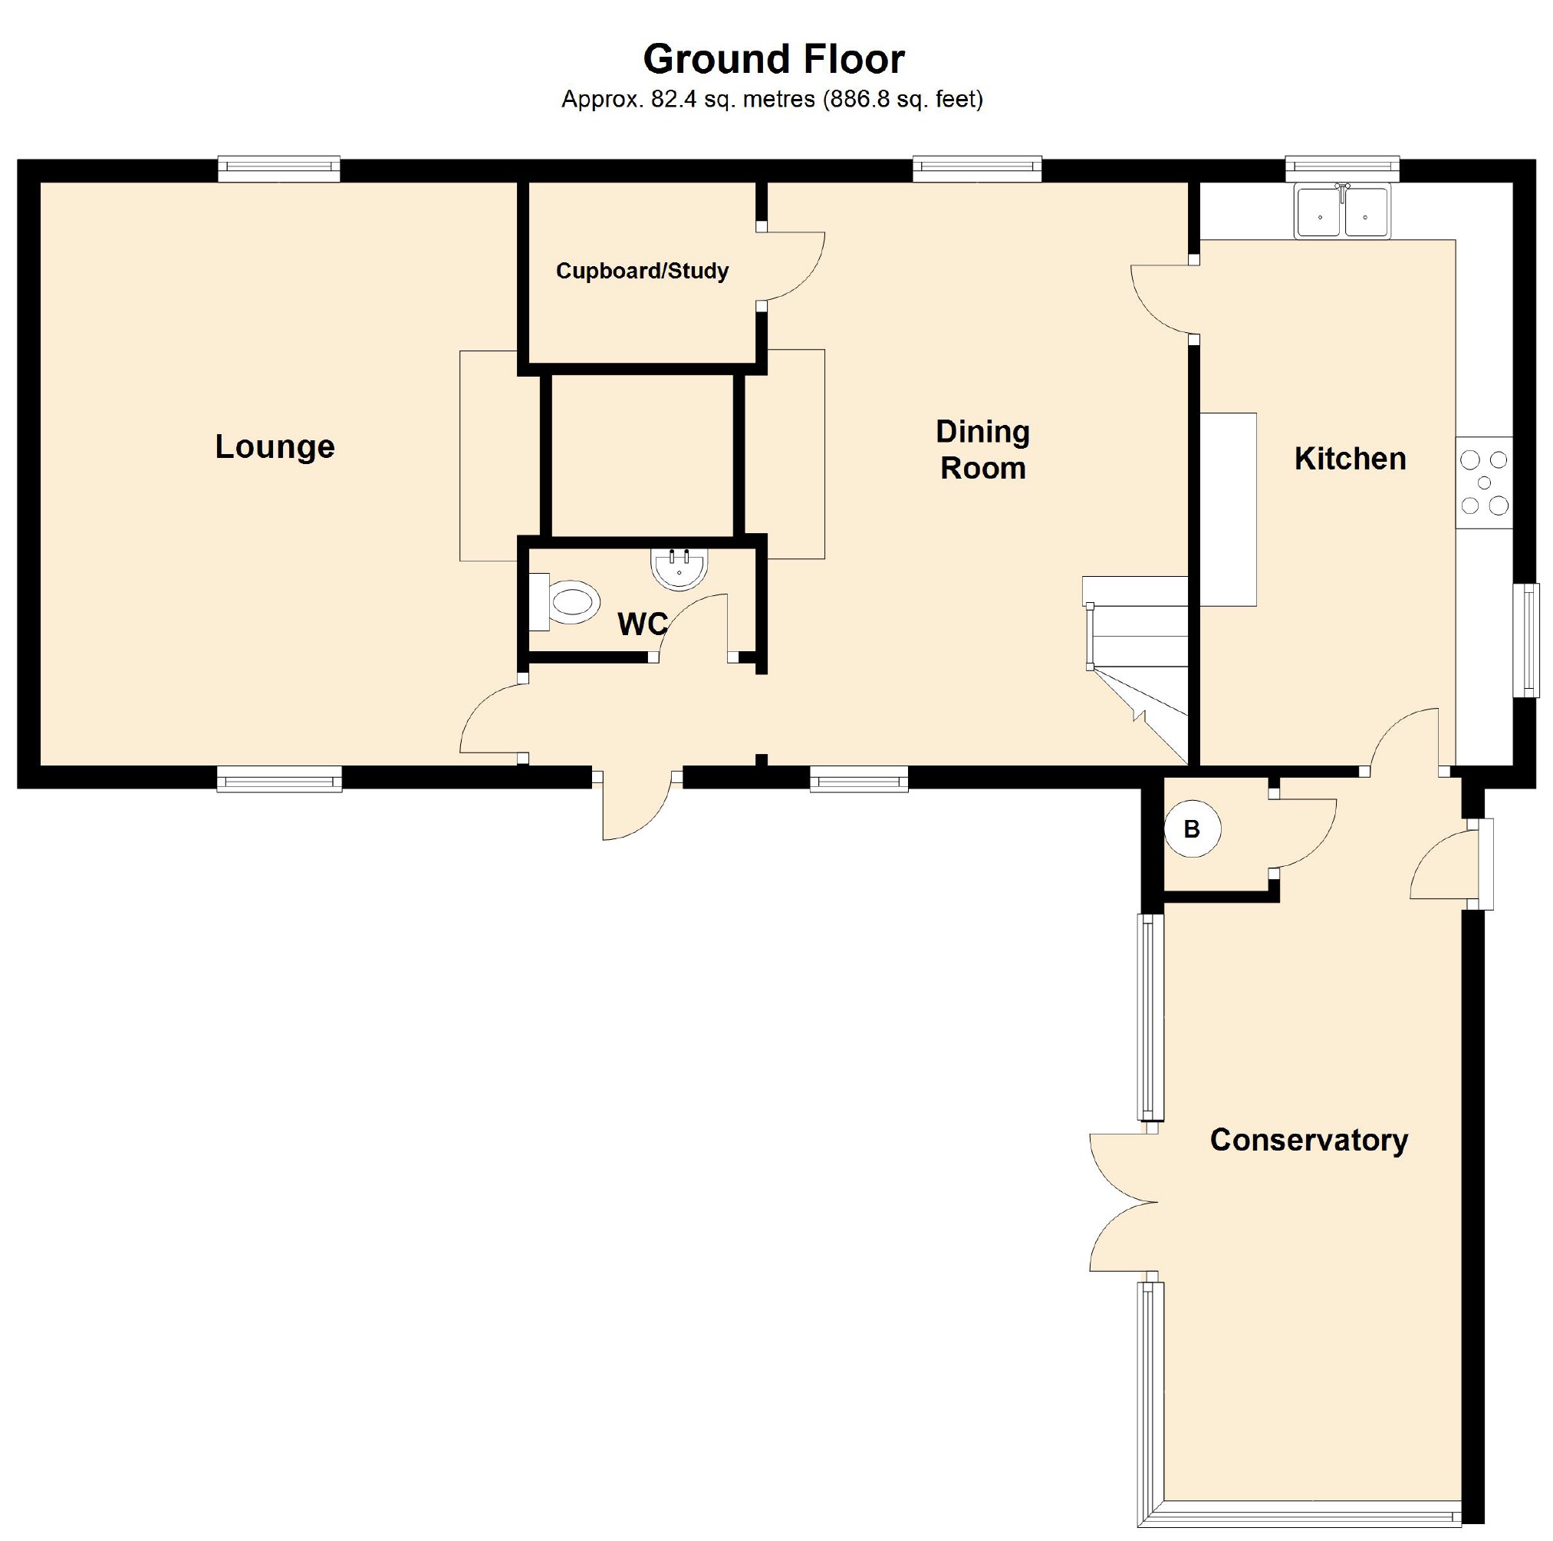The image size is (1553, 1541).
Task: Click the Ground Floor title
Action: tap(773, 59)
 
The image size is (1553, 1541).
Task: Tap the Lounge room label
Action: tap(275, 446)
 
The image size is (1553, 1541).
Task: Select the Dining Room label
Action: tap(982, 449)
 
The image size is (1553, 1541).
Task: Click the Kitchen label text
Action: tap(1350, 458)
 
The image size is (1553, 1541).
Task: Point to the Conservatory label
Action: tap(1308, 1140)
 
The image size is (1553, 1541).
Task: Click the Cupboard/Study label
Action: tap(642, 271)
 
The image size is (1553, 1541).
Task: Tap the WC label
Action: tap(641, 624)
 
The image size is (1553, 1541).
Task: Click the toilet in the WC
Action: tap(565, 601)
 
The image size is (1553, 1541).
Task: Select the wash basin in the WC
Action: tap(679, 568)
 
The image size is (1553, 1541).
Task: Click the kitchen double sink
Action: tap(1342, 212)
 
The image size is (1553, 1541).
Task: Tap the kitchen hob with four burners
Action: tap(1484, 482)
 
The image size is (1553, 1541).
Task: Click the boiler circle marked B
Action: tap(1192, 828)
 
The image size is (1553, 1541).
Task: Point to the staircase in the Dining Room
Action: tap(1135, 669)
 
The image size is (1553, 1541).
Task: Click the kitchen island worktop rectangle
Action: tap(1228, 509)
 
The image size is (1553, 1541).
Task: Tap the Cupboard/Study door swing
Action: tap(791, 268)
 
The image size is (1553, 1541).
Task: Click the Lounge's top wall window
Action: tap(279, 167)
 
